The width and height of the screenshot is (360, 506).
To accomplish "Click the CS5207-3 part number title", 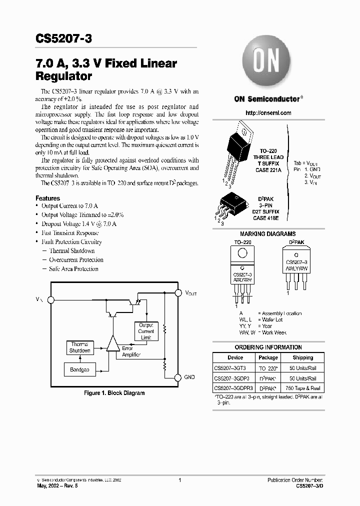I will pos(63,39).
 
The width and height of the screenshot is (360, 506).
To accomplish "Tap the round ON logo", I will pos(266,63).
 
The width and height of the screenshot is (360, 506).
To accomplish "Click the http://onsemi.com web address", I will pos(268,113).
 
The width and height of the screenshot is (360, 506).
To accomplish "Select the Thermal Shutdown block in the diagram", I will pos(79,347).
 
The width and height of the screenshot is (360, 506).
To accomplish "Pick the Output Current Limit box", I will pos(146,331).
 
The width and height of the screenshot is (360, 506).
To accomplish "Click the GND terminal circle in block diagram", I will pos(177,376).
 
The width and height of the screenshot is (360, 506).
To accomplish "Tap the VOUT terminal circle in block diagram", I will pos(177,292).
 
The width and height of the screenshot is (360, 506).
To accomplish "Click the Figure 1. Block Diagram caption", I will pos(114,393).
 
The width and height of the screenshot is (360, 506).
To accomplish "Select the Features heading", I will pos(47,198).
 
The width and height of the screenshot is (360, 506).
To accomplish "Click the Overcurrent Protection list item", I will pos(76,260).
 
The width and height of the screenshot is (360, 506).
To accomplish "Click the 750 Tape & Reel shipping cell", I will pos(303,388).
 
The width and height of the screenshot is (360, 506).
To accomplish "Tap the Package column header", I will pos(268,357).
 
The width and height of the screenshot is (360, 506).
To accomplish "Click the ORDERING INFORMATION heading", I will pos(268,347).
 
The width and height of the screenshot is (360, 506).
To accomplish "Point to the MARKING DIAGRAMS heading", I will pos(267,234).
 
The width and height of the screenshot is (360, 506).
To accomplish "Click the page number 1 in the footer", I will pos(179,480).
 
